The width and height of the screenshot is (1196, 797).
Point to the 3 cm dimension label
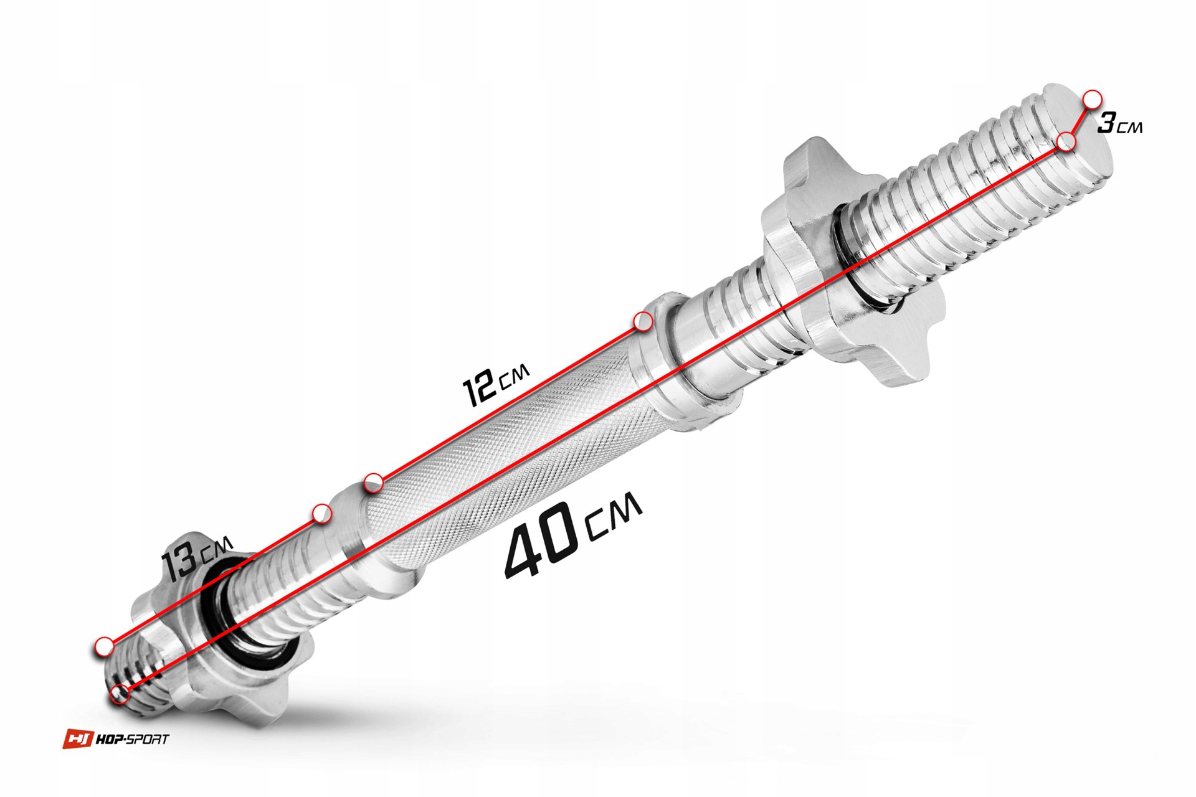pyautogui.click(x=1120, y=123)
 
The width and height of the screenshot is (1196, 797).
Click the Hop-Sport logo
pyautogui.click(x=116, y=739)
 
